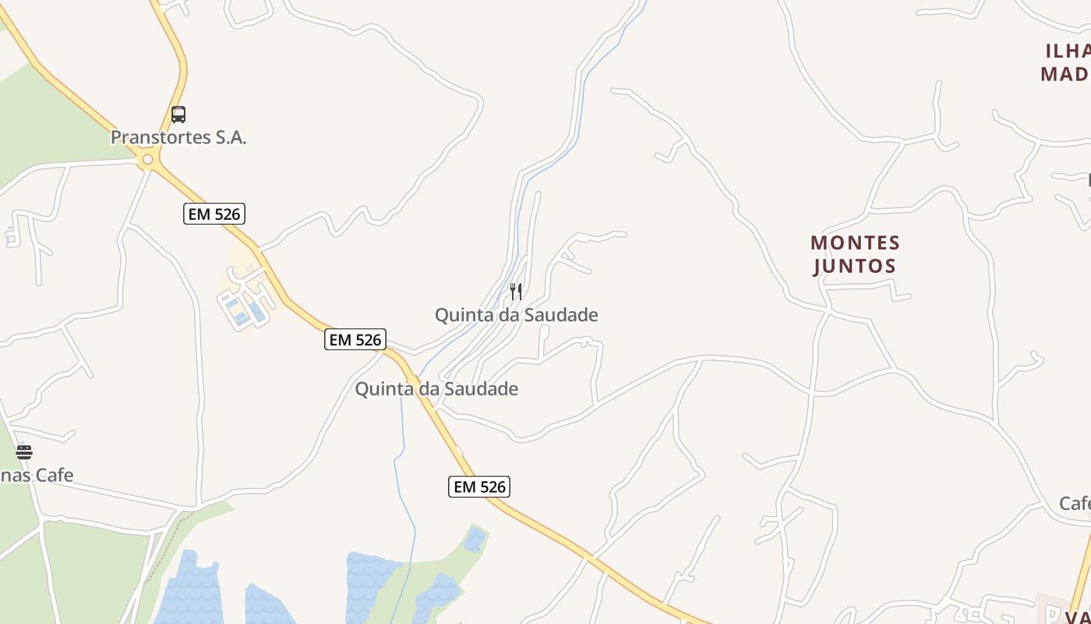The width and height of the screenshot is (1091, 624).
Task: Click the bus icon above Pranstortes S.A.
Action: click(x=178, y=115)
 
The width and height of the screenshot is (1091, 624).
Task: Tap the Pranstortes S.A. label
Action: click(x=178, y=138)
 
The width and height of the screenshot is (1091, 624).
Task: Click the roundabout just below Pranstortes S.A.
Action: click(x=147, y=160)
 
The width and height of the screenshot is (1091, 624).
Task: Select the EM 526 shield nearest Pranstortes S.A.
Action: click(x=214, y=213)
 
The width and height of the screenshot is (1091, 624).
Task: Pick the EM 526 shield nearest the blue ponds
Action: click(x=479, y=487)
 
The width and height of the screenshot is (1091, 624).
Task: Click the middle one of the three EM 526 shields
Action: click(x=355, y=339)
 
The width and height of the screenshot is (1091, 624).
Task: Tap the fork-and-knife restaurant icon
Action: click(x=516, y=292)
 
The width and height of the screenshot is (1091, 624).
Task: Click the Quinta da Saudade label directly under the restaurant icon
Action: click(x=516, y=315)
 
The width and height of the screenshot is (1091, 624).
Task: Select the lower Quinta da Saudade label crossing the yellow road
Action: click(x=436, y=388)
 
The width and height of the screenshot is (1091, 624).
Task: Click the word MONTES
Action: click(x=855, y=243)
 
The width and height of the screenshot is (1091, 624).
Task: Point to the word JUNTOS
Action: click(x=855, y=267)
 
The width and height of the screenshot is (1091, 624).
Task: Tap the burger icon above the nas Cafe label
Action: click(x=24, y=452)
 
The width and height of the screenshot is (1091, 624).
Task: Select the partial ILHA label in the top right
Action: click(x=1068, y=51)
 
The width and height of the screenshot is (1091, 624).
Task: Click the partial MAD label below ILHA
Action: click(x=1065, y=74)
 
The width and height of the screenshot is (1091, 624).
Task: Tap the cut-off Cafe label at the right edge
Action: click(x=1075, y=503)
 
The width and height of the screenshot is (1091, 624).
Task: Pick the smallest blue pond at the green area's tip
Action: click(x=474, y=538)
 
